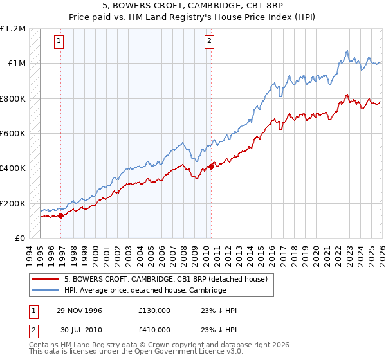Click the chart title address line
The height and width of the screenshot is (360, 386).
193,6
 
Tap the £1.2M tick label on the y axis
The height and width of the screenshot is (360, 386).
13,28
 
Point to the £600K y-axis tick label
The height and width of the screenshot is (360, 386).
13,134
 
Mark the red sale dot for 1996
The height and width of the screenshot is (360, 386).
61,216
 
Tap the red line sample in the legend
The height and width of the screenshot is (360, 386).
46,279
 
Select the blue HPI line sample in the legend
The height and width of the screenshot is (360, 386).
46,290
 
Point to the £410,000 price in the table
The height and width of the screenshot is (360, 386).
154,329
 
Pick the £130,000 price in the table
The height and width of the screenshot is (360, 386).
154,310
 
